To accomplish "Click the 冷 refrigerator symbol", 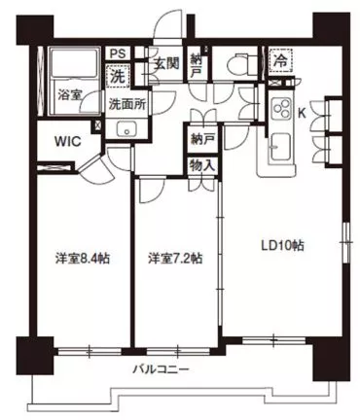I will click(279, 58).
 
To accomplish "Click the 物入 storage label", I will click(202, 166).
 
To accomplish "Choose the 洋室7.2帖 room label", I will click(175, 259).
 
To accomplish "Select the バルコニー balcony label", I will click(162, 370).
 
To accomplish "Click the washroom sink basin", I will click(125, 130).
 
